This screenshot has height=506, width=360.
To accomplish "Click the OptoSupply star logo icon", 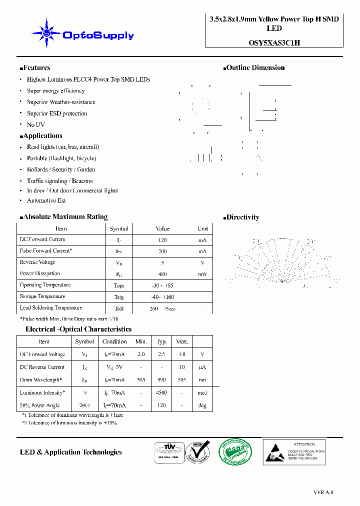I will click(x=46, y=33).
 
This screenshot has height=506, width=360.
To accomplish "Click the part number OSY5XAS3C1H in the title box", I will click(x=274, y=43).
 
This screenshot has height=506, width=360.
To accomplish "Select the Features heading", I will click(x=35, y=68).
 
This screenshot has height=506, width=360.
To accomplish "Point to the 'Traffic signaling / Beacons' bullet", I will click(x=59, y=181).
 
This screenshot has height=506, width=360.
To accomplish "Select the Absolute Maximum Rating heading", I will click(x=63, y=217).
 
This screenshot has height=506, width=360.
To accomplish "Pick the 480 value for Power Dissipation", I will click(x=162, y=274).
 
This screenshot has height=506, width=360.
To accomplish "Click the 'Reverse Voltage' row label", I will click(x=37, y=262).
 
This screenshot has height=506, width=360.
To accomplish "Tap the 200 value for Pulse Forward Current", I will click(x=162, y=251).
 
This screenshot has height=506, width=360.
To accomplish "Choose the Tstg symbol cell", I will click(x=119, y=297).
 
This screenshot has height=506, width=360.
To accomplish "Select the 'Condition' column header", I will click(x=114, y=341).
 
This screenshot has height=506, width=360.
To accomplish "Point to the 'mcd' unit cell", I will click(x=202, y=393).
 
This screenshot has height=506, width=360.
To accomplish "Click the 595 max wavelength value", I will click(x=181, y=380).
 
